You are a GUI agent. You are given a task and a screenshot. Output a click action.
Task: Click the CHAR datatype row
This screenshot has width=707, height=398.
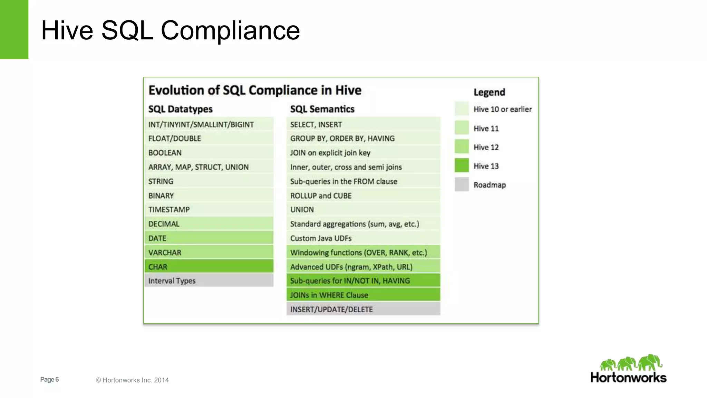coord(209,266)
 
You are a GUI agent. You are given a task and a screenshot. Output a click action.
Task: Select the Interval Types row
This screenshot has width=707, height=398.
coord(209,281)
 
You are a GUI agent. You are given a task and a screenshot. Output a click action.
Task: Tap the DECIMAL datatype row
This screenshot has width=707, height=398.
coord(209,224)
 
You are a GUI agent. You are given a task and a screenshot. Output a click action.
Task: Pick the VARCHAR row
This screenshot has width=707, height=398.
coord(209,252)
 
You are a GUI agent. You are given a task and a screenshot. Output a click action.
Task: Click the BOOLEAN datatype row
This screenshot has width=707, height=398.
coord(209,152)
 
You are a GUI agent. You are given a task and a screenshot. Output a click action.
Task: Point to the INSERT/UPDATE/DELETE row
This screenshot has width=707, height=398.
coord(363,309)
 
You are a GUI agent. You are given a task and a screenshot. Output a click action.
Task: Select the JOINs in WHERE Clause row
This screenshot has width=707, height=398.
coord(363,295)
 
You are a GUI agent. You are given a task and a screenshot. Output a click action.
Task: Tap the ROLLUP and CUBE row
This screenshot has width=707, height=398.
coord(363,195)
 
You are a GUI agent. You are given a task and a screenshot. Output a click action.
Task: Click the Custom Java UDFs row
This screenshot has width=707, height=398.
coord(363,238)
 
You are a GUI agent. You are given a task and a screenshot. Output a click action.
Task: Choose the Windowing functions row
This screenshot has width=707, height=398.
coord(363,252)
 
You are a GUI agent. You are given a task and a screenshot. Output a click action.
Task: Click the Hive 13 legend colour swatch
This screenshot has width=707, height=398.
coord(462,165)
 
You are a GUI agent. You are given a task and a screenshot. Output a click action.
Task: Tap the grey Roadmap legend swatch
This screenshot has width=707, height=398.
coord(462,184)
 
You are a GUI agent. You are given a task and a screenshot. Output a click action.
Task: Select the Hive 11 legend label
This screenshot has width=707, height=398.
coord(486,129)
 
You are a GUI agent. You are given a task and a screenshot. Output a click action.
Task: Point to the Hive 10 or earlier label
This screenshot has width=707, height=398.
coord(502,109)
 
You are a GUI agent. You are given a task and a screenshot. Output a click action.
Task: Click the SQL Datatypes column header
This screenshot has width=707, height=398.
coord(180,109)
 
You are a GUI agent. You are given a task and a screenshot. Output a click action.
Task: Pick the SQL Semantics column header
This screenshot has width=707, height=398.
coord(322,109)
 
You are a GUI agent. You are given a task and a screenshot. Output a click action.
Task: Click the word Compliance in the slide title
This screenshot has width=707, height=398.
coord(230,30)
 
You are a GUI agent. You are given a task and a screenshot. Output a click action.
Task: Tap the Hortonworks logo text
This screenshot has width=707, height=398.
coord(628,377)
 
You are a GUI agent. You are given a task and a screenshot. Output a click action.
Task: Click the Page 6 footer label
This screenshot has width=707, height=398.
coord(49,379)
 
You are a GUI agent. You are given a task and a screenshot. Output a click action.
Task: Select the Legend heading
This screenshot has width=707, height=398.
coord(489,92)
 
